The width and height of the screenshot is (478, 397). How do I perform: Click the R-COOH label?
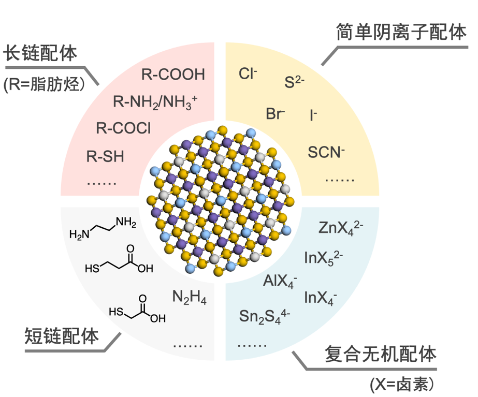tap(173, 74)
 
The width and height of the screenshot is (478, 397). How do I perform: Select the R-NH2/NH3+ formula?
tap(155, 101)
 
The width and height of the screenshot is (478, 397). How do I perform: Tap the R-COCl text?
tap(123, 128)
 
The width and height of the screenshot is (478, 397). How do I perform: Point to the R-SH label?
tap(105, 156)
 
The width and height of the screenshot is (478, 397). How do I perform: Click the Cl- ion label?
tap(248, 73)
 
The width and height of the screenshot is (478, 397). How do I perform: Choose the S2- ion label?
tap(294, 82)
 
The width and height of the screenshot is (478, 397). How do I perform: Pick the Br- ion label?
tap(275, 114)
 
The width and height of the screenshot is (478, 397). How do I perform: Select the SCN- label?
tap(326, 152)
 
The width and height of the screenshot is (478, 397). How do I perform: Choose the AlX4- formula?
tap(280, 281)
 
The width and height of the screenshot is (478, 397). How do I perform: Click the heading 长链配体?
tap(40, 54)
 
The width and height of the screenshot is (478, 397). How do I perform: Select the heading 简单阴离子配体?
tap(398, 33)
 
